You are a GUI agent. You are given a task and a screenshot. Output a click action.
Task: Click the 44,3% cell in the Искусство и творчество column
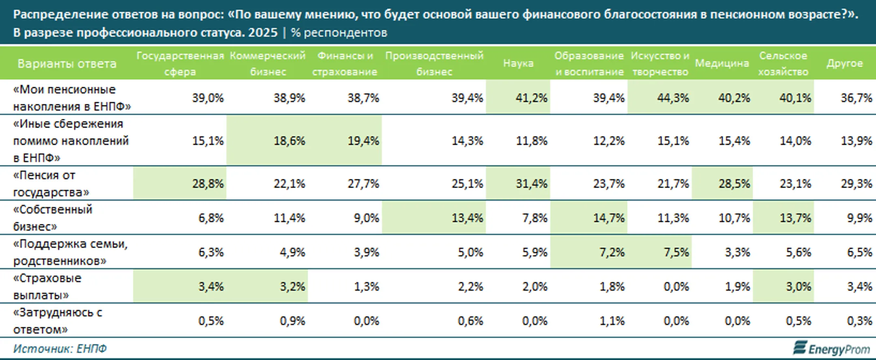[x=672, y=98]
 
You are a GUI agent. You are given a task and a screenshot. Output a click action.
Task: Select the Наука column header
[x=518, y=63]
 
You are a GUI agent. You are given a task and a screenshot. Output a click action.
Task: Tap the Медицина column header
[x=721, y=63]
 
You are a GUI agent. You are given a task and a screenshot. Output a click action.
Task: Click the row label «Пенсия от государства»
[x=51, y=184]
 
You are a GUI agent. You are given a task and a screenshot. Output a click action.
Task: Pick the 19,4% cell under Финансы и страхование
[x=363, y=141]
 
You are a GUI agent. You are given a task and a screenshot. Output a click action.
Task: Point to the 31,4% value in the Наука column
[x=531, y=184]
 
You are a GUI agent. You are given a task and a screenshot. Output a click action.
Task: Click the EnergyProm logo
[x=832, y=349]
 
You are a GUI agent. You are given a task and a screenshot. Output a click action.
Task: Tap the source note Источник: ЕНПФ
[x=60, y=349]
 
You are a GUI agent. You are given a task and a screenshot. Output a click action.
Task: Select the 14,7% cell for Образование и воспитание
[x=609, y=218]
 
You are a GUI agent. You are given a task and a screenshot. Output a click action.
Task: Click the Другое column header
[x=844, y=63]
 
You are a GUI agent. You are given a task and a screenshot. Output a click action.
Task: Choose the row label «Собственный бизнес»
[x=53, y=218]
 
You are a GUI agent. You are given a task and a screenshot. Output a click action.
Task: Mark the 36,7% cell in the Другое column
[x=856, y=98]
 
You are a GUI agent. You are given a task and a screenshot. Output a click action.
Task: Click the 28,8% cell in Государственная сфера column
[x=208, y=184]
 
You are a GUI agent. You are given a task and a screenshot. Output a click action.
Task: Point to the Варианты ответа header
[x=67, y=64]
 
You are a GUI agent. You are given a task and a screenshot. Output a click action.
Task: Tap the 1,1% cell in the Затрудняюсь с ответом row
[x=612, y=321]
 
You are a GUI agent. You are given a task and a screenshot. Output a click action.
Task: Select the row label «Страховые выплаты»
[x=47, y=287]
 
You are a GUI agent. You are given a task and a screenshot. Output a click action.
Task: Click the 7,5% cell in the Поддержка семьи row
[x=676, y=252]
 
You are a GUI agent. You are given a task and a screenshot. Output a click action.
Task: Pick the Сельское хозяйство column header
[x=783, y=64]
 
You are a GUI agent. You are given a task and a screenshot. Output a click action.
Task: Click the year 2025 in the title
[x=263, y=32]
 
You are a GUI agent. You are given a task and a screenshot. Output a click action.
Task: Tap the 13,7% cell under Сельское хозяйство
[x=795, y=218]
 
